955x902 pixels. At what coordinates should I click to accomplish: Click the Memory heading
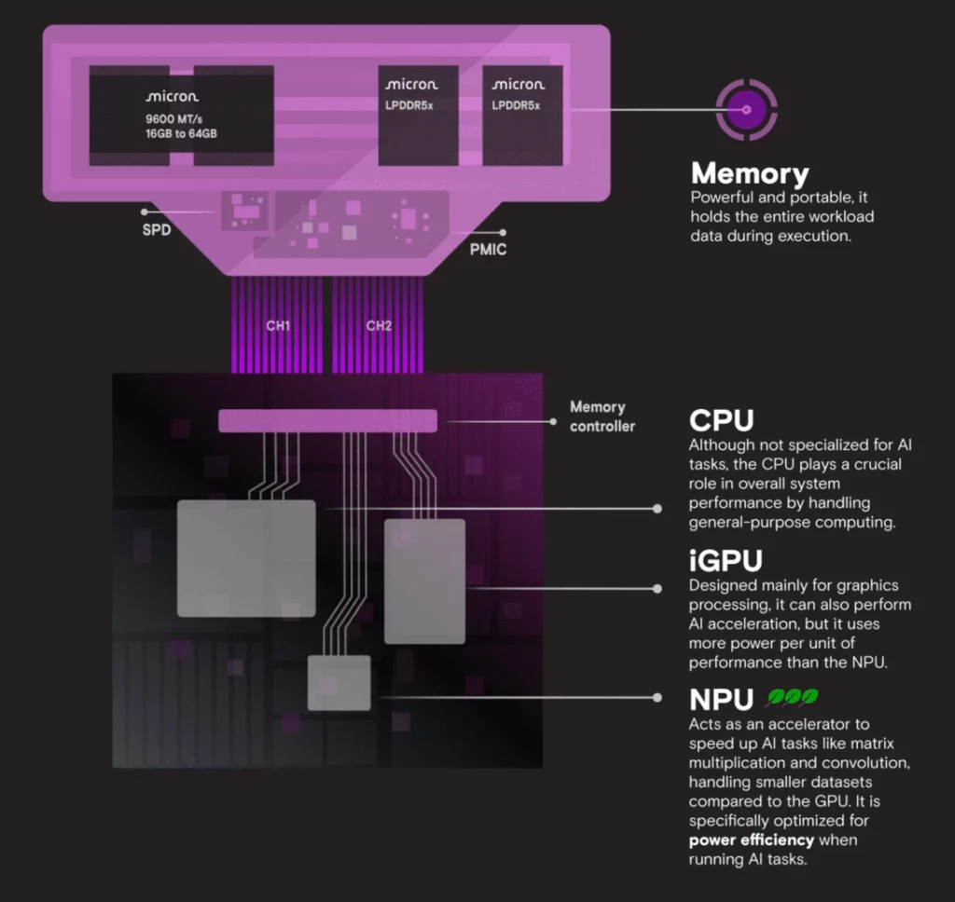[749, 174]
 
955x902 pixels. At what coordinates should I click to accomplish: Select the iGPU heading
[726, 561]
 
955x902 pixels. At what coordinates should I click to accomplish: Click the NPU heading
[724, 700]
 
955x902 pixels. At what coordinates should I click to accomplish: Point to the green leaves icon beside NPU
[793, 698]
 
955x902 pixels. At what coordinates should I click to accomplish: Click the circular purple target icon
[745, 111]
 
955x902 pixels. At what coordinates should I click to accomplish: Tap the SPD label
[157, 230]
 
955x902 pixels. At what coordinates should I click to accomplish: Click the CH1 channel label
[278, 326]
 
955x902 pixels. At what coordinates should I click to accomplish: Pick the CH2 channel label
[379, 326]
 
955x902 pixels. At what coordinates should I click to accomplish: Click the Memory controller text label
[602, 417]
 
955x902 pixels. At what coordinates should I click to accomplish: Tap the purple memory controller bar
[327, 421]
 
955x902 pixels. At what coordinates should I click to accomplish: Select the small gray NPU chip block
[339, 683]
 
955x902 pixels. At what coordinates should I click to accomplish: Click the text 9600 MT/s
[173, 118]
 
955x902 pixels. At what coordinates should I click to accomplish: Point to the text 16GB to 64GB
[182, 134]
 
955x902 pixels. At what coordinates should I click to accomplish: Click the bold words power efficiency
[752, 840]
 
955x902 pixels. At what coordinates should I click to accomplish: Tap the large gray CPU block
[246, 557]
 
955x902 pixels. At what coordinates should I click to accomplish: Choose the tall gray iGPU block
[424, 580]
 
